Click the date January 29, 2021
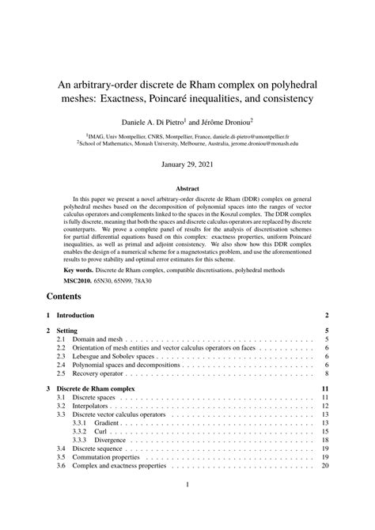187,165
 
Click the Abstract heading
187,189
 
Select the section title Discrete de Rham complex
97,389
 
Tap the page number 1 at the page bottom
187,507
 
